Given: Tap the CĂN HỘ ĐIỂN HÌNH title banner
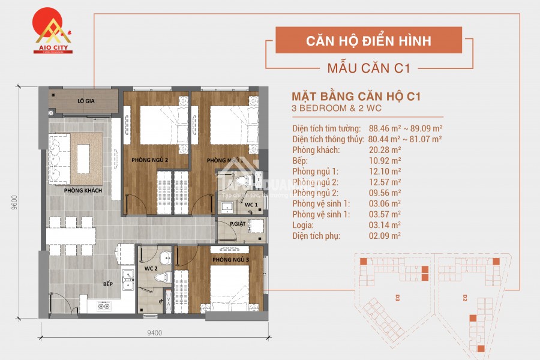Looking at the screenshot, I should click(361, 41).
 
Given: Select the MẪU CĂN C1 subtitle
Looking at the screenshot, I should click(361, 68).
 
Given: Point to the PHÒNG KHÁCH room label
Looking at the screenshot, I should click(83, 190).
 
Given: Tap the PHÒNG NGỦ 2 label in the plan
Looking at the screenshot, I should click(149, 160).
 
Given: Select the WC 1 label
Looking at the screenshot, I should click(251, 205).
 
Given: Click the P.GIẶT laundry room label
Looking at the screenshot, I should click(239, 224).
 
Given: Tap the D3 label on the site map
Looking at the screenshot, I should click(398, 296).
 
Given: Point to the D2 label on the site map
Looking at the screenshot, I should click(464, 296).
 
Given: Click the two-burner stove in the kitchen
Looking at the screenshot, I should click(103, 306).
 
